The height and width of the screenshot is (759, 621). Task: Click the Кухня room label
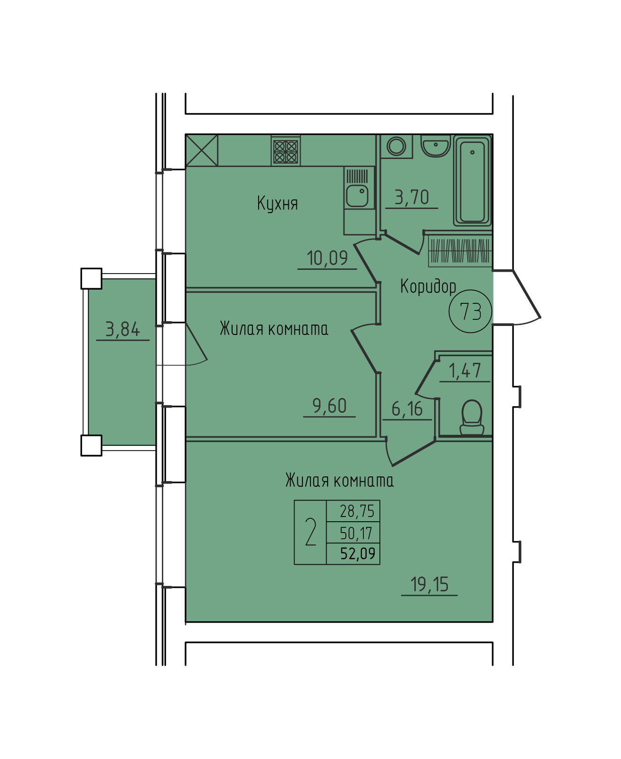pos(277,203)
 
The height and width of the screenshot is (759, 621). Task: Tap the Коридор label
pos(428,286)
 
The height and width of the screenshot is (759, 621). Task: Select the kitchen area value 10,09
pos(327,258)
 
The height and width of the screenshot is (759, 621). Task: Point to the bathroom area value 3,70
pos(412,197)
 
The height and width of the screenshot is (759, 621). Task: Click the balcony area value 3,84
pos(122,329)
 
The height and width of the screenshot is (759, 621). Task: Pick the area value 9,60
pos(329,406)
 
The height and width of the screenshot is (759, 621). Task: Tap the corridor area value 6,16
pos(407,409)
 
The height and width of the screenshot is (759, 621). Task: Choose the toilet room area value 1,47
pos(465,371)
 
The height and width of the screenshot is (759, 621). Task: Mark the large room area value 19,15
pos(429,584)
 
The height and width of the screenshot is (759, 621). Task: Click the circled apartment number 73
pos(470,311)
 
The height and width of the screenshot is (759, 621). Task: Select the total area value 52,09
pos(358,553)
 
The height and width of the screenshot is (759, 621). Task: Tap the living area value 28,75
pos(357,511)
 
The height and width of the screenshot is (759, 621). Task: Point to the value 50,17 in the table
pos(356,533)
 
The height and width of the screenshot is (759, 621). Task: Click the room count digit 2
pos(310,532)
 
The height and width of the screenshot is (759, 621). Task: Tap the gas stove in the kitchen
pos(285,151)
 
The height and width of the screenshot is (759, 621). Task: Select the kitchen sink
pos(357,196)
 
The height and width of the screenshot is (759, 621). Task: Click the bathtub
pos(472,181)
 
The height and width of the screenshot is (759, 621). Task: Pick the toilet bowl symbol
pos(471,418)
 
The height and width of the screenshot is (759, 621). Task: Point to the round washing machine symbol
pos(396,147)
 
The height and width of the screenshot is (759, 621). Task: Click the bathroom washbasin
pos(436,146)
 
